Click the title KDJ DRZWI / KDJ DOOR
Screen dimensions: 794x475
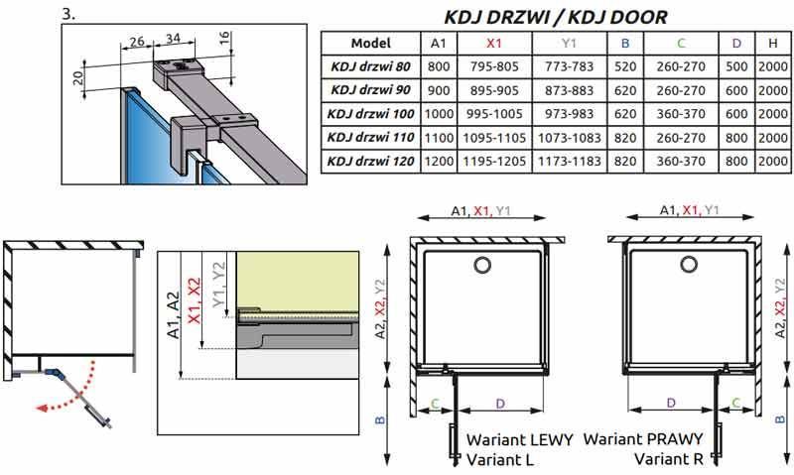[556, 17]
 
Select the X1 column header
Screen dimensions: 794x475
[493, 44]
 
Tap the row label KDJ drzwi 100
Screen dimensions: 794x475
[370, 114]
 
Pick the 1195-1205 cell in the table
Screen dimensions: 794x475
[494, 162]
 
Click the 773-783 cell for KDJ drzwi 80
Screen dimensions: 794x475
[569, 66]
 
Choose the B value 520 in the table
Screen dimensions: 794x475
[625, 66]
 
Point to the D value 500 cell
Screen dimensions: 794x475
[736, 66]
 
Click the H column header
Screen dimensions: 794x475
[773, 44]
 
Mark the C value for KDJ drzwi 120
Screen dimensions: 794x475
[681, 162]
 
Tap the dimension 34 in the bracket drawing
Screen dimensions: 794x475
[173, 39]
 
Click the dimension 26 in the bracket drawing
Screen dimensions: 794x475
[137, 42]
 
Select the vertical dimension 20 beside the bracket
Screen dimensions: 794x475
[78, 77]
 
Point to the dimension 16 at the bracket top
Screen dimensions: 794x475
[225, 38]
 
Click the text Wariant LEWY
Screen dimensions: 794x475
[519, 439]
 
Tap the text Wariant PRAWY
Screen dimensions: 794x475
[643, 438]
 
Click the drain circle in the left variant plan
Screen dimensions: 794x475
[483, 265]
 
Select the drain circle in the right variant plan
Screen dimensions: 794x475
[689, 264]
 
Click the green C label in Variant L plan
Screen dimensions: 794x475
[435, 404]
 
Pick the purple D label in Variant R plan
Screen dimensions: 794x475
[671, 404]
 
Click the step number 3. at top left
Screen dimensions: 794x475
[68, 14]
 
